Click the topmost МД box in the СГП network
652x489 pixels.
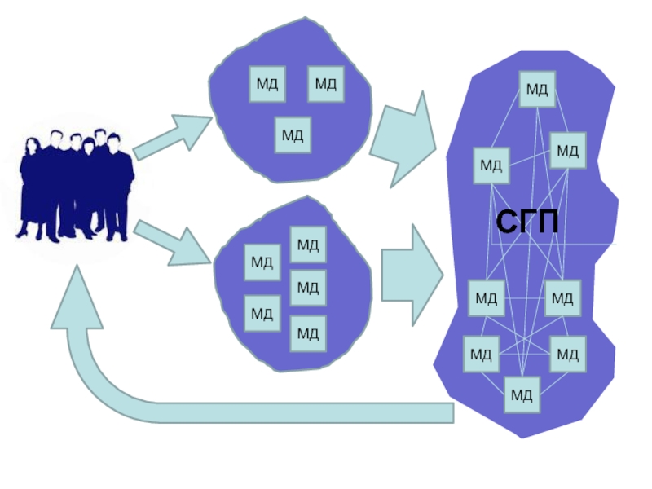click(536, 89)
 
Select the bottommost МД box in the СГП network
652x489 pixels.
click(522, 395)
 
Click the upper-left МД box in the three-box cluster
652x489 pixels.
click(267, 84)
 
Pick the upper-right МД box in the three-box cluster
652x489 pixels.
click(325, 84)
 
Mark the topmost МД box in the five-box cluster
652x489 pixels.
click(307, 244)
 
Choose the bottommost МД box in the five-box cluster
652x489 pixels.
click(307, 333)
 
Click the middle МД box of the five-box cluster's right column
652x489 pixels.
click(307, 287)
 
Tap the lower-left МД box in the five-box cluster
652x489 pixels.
click(262, 313)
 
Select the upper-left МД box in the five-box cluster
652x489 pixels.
click(262, 262)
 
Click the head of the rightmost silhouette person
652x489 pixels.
click(114, 140)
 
